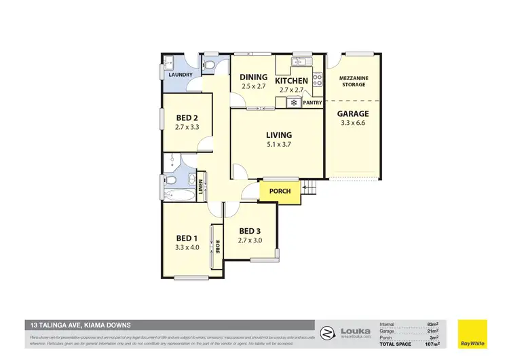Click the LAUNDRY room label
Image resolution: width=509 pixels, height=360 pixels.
(x=181, y=75)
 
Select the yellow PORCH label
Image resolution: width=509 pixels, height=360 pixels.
(x=280, y=192)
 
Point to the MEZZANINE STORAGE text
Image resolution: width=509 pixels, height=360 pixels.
(x=354, y=82)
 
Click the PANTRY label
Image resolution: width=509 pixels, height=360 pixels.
(x=312, y=103)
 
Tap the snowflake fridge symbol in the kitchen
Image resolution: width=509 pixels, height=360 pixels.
(x=294, y=103)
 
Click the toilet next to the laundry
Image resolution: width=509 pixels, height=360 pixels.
(x=211, y=65)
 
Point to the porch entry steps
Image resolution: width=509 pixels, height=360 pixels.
(x=310, y=188)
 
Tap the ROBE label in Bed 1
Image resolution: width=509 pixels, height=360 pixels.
(x=217, y=247)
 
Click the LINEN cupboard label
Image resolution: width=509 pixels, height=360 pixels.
(x=202, y=184)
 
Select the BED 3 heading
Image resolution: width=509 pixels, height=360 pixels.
(x=250, y=230)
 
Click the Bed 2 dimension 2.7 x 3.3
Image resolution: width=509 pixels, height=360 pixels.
(x=186, y=127)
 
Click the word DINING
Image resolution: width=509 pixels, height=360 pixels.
(x=254, y=77)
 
